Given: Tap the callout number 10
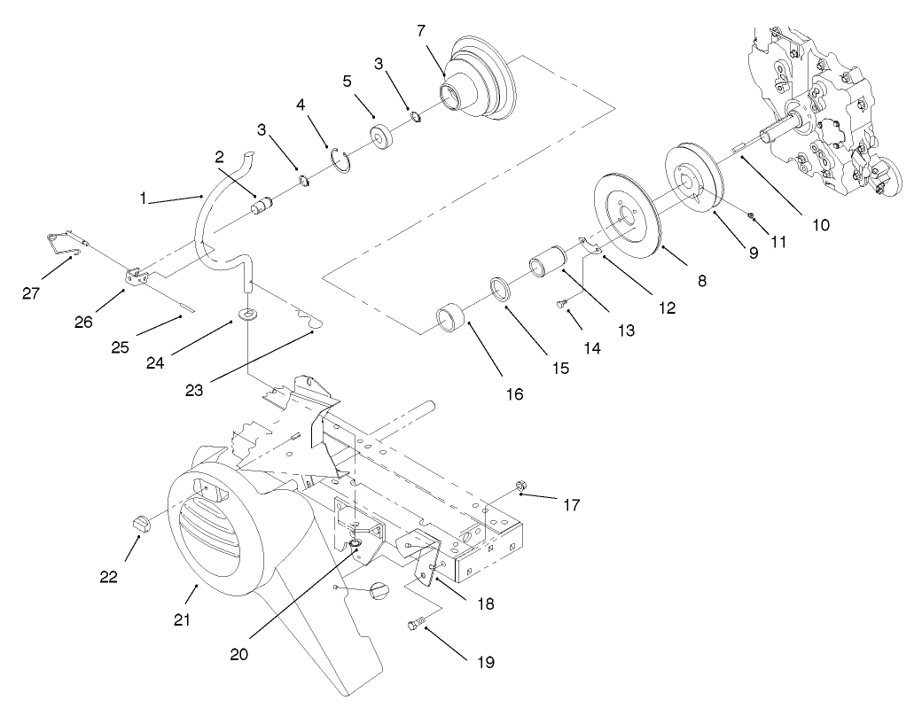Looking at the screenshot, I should (820, 224).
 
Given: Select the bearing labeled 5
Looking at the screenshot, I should (384, 140).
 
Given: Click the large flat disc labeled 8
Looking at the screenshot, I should (632, 217).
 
